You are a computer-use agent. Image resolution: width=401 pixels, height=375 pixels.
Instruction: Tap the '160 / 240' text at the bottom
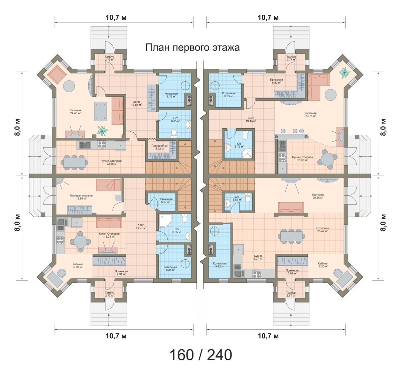tap(201, 355)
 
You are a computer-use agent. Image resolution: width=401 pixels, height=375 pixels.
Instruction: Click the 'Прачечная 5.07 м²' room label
tap(165, 200)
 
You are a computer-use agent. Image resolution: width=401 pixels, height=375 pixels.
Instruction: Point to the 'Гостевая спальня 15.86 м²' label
tap(81, 197)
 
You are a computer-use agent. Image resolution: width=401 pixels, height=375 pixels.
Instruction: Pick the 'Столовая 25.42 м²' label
tap(322, 230)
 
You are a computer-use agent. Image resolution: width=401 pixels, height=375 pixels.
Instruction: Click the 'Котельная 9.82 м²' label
tap(220, 265)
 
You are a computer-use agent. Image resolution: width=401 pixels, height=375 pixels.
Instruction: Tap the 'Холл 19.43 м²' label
tap(251, 119)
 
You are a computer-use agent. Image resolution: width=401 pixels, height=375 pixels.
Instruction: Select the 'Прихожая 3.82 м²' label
tap(292, 272)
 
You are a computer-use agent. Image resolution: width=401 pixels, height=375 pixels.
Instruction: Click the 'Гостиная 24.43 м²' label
tap(76, 112)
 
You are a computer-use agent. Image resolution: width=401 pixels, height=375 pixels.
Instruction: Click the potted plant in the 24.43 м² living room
tap(103, 131)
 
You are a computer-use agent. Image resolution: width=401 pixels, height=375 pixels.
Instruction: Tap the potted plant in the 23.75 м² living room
tap(345, 73)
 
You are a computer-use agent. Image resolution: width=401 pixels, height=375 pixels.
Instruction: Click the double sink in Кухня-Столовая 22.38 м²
tap(85, 145)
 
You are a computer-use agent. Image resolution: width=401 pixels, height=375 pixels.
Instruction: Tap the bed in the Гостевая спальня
tap(109, 185)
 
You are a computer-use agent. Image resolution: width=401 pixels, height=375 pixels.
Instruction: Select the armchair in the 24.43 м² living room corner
tap(57, 75)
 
